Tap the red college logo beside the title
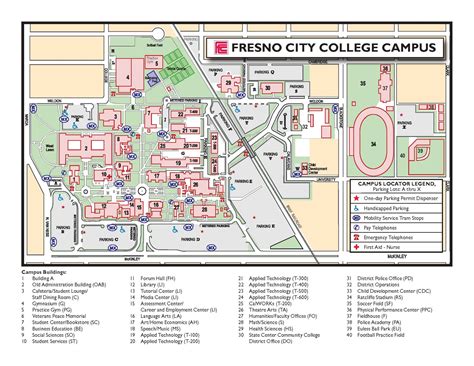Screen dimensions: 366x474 [221, 47]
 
